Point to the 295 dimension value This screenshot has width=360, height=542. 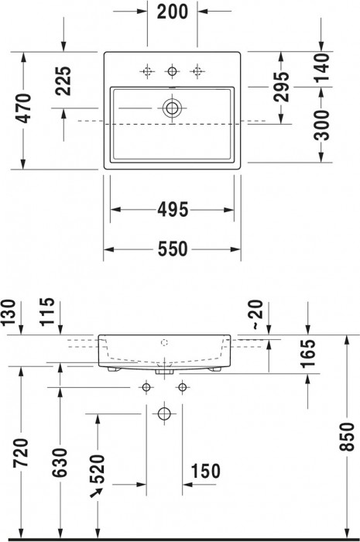click(282, 87)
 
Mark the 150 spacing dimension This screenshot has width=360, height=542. click(205, 471)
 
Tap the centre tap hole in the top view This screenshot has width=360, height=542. click(172, 71)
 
